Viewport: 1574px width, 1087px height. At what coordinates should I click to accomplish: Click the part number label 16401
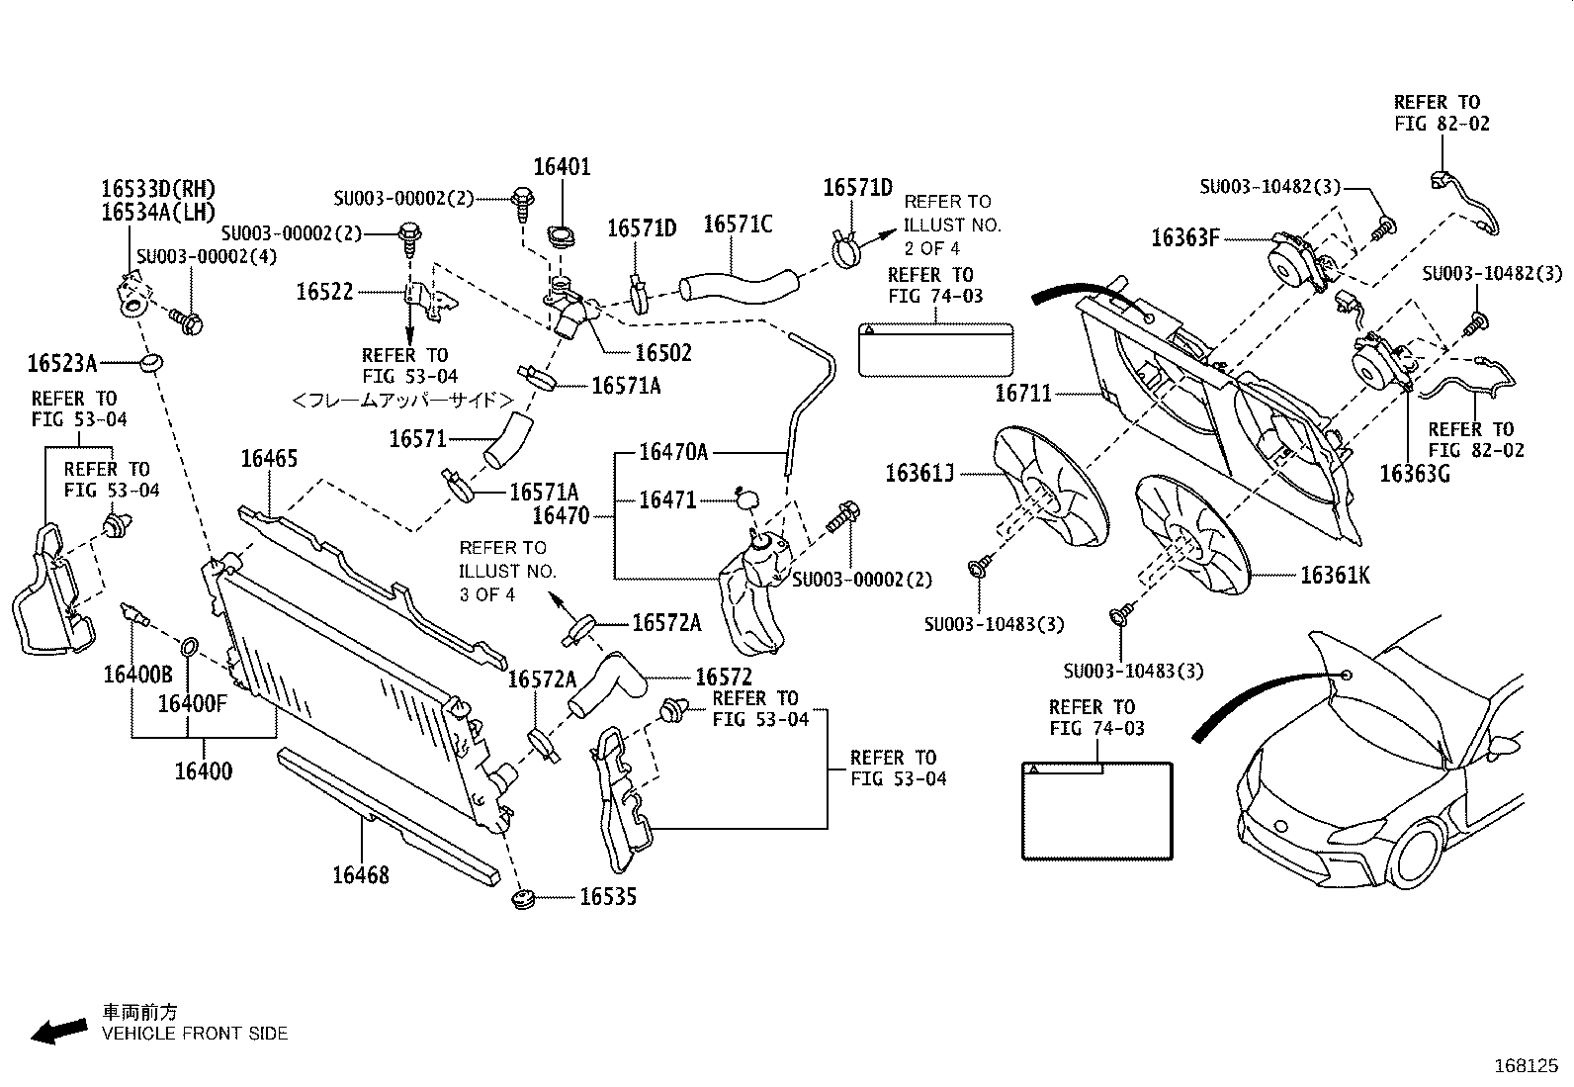(x=562, y=167)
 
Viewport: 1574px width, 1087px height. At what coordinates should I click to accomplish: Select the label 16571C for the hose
(x=738, y=225)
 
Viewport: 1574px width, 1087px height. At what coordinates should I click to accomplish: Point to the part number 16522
(x=324, y=292)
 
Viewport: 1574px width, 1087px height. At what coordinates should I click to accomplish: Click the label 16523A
(x=62, y=364)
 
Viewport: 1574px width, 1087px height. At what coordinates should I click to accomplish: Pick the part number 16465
(x=269, y=458)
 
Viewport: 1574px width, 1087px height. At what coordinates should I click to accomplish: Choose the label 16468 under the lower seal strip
(x=361, y=875)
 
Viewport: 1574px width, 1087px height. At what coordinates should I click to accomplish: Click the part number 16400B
(x=137, y=675)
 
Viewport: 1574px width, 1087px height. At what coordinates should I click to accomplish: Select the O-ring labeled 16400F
(x=190, y=647)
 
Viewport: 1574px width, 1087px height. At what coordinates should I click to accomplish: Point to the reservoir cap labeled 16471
(x=746, y=499)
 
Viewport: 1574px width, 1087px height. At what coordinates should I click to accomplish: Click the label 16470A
(x=673, y=452)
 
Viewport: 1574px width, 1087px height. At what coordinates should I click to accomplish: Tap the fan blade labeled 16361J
(x=1051, y=486)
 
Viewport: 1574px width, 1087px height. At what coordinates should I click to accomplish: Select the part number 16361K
(x=1335, y=576)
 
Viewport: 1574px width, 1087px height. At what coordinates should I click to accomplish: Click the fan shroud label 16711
(x=1023, y=394)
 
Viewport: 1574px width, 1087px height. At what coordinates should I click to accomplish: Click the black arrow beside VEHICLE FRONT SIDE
(x=59, y=1031)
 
